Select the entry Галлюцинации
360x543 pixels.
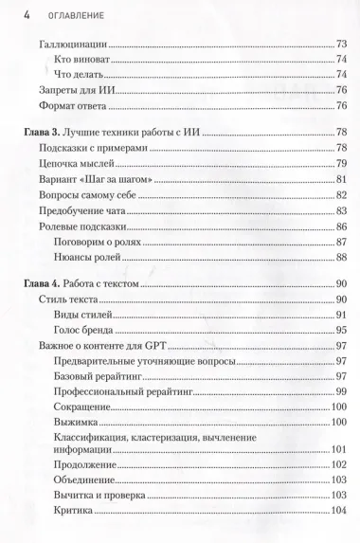[x=75, y=45]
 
